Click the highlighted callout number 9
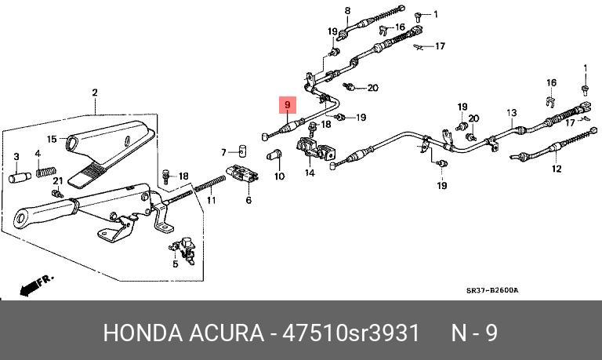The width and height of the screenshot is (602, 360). tap(288, 104)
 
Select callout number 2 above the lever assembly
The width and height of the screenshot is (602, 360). tap(94, 93)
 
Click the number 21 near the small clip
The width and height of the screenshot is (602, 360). tap(56, 180)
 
